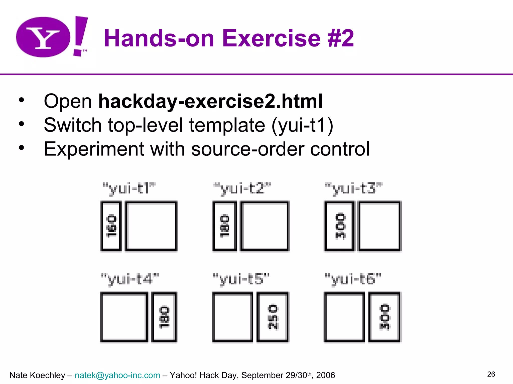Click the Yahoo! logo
(x=51, y=37)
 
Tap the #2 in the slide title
(x=341, y=38)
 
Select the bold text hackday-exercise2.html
(x=210, y=101)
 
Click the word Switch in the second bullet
(x=72, y=125)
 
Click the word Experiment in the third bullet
(x=94, y=149)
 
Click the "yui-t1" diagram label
(x=129, y=188)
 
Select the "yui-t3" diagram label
(x=353, y=188)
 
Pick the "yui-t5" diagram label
(x=241, y=279)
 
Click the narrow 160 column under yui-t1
(x=111, y=226)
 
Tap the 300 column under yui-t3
(x=340, y=226)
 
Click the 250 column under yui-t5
(x=273, y=317)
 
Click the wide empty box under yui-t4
(x=124, y=317)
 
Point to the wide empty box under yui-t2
(x=265, y=226)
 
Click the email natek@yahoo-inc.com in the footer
(x=117, y=375)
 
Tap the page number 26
(x=491, y=374)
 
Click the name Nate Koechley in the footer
(x=37, y=375)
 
